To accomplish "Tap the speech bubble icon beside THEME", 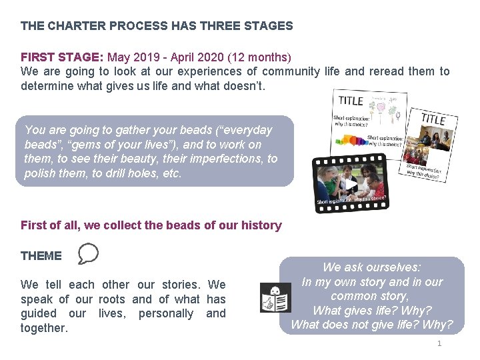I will point(88,254).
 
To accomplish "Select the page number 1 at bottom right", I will point(439,343).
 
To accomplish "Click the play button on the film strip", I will point(349,184).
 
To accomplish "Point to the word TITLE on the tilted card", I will point(433,119).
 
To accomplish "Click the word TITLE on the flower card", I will point(351,101).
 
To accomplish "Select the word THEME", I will point(41,255).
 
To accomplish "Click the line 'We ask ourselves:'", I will point(372,267).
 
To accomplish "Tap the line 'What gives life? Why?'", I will point(372,311).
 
